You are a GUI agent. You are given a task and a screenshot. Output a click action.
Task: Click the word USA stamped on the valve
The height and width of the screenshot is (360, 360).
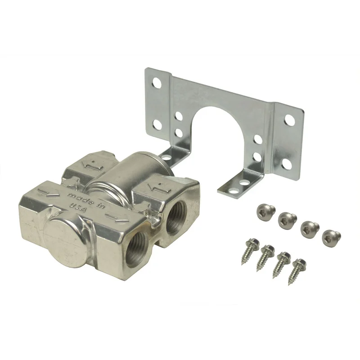point(77,206)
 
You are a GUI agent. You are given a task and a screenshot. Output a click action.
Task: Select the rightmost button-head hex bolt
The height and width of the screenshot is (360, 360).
point(332,237)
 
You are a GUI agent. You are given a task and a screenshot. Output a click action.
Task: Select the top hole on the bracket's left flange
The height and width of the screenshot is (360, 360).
point(157,82)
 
